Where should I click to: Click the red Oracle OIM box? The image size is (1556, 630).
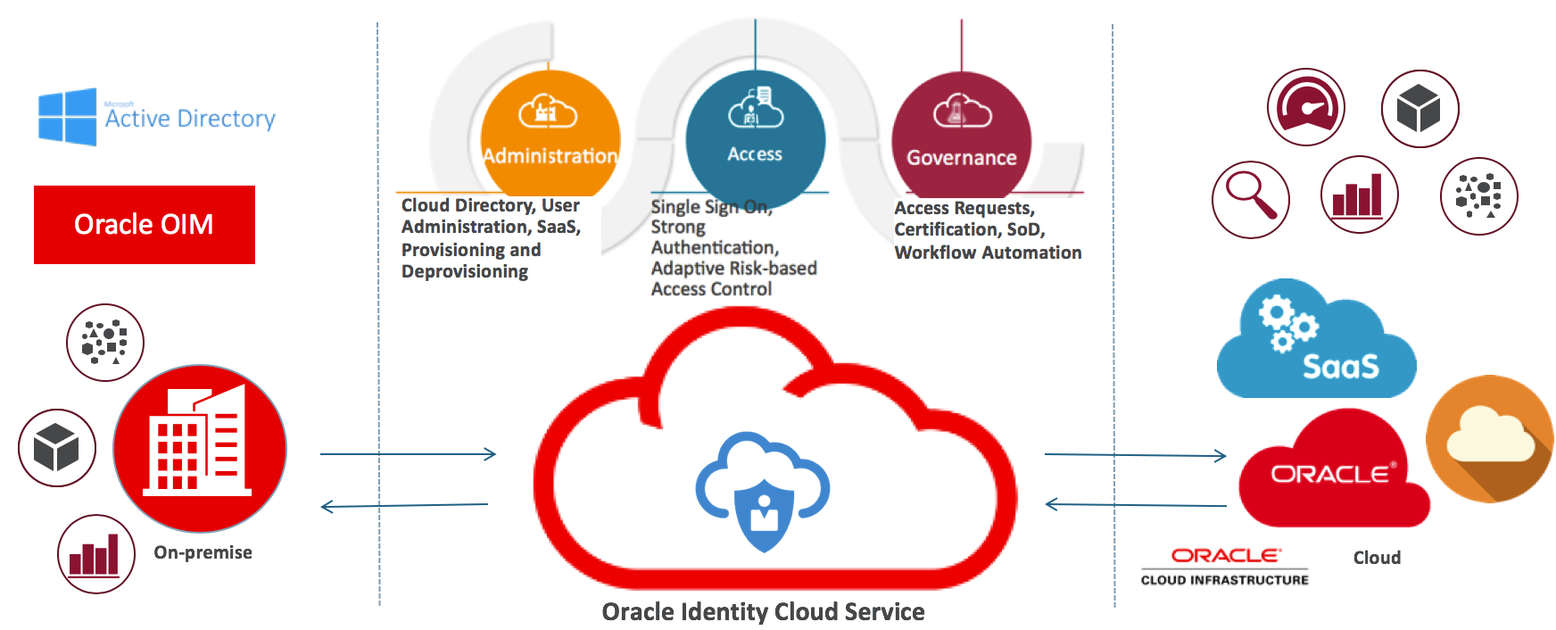tap(145, 224)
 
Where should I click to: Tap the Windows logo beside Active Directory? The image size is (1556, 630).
tap(67, 117)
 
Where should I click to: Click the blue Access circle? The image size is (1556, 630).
tap(755, 134)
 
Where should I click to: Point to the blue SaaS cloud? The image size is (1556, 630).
tap(1316, 344)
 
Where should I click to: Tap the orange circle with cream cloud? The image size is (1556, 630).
tap(1489, 438)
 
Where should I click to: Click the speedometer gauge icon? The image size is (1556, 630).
tap(1305, 107)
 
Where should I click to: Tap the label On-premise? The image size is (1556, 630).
tap(203, 552)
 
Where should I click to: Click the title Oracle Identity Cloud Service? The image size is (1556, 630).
tap(763, 612)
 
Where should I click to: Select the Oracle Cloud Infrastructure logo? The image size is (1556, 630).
tap(1225, 566)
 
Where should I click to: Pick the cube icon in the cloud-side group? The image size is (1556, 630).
tap(1419, 109)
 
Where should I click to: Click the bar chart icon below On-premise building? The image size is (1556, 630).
tap(95, 553)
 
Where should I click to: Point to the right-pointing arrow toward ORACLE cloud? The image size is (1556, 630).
tap(1135, 455)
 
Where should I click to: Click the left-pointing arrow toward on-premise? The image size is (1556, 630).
tap(404, 506)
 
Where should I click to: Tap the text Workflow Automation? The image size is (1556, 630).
tap(988, 253)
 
